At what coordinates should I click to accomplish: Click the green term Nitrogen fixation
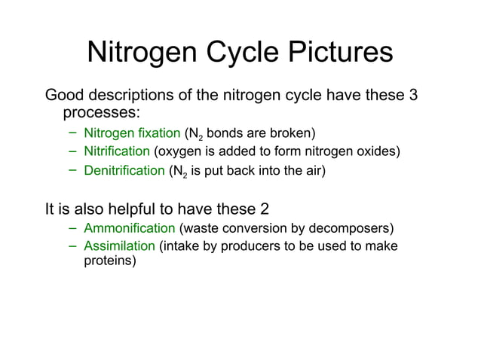132,134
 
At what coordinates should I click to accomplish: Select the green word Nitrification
117,151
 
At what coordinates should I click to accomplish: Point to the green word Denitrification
124,170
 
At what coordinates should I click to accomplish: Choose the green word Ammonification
129,228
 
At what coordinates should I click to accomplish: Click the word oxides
378,151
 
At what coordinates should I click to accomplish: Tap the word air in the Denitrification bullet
311,170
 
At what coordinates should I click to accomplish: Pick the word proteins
107,261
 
